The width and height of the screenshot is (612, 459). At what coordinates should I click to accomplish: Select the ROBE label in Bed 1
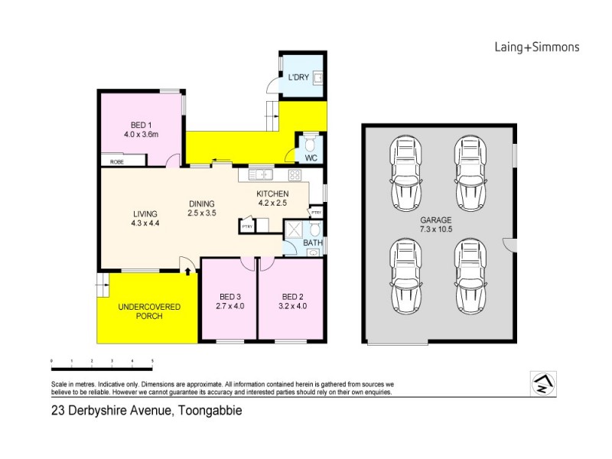117,162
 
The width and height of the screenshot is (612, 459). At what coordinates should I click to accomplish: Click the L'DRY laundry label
299,76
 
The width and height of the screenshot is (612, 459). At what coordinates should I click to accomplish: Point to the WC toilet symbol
311,144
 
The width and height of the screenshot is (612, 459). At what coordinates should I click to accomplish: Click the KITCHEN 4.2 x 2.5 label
271,198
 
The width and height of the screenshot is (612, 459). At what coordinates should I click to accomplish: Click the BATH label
312,243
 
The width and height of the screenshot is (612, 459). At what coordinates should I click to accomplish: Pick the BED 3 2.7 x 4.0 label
229,301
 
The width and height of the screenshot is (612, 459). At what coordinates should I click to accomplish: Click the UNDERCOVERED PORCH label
148,311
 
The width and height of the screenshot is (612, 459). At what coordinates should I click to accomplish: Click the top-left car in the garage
405,173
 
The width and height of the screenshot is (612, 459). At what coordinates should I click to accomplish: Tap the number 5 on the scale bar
152,360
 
